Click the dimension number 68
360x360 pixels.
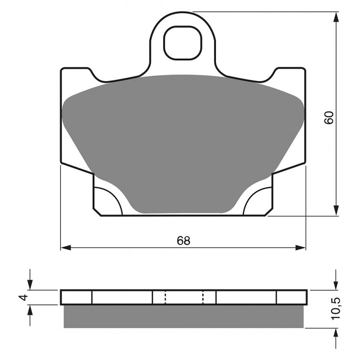point(184,240)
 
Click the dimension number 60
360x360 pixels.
point(328,118)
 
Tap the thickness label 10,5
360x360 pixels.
point(335,308)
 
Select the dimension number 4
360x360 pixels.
point(24,297)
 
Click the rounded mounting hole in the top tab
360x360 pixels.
point(183,43)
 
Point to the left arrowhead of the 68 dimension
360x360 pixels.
point(66,248)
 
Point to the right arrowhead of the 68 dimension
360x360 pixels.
point(301,248)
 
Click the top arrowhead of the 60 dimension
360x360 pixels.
point(336,17)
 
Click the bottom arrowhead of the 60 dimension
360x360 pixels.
point(336,211)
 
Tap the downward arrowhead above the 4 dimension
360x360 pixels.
point(30,285)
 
